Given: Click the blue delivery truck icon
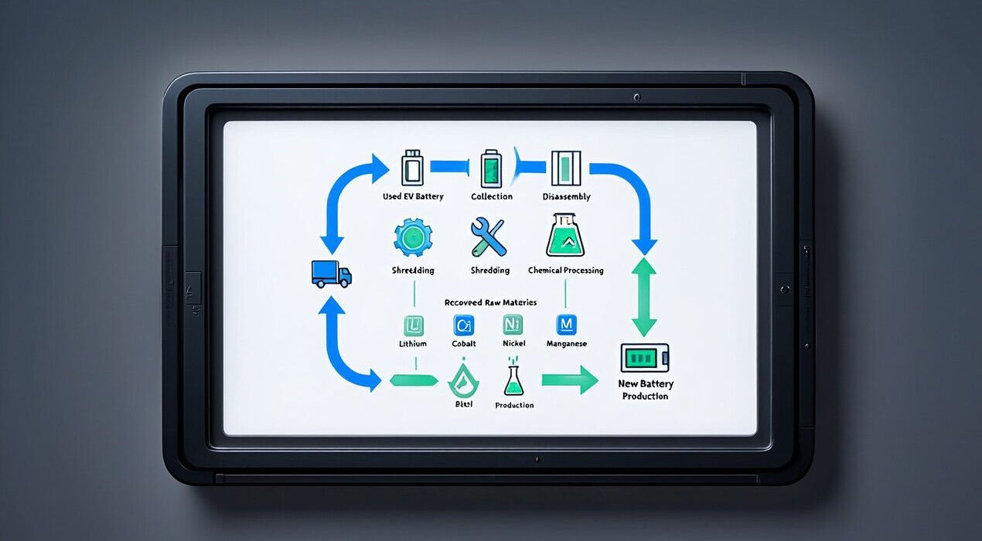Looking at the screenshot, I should tap(331, 273).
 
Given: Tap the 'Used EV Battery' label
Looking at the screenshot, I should tap(413, 196).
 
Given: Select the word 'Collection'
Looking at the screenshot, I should tap(492, 196).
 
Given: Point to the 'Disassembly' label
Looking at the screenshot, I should tap(566, 196).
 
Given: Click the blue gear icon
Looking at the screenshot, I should tap(413, 237).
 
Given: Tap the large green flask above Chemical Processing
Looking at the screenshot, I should tap(565, 236).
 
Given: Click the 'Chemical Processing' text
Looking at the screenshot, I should tap(565, 270).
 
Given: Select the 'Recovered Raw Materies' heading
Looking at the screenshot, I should tap(490, 302).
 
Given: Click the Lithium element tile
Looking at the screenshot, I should tap(412, 325).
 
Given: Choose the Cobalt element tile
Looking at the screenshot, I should tap(464, 325).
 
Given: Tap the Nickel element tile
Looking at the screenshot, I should tap(513, 325).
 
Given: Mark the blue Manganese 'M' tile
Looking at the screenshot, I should tap(567, 325).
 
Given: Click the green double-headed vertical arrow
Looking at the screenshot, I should tap(643, 297).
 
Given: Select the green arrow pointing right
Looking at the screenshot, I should tap(569, 379).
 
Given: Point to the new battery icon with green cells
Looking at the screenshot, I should tap(644, 358).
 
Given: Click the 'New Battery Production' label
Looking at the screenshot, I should tap(646, 390).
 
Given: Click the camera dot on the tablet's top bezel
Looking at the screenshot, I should tap(636, 97).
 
